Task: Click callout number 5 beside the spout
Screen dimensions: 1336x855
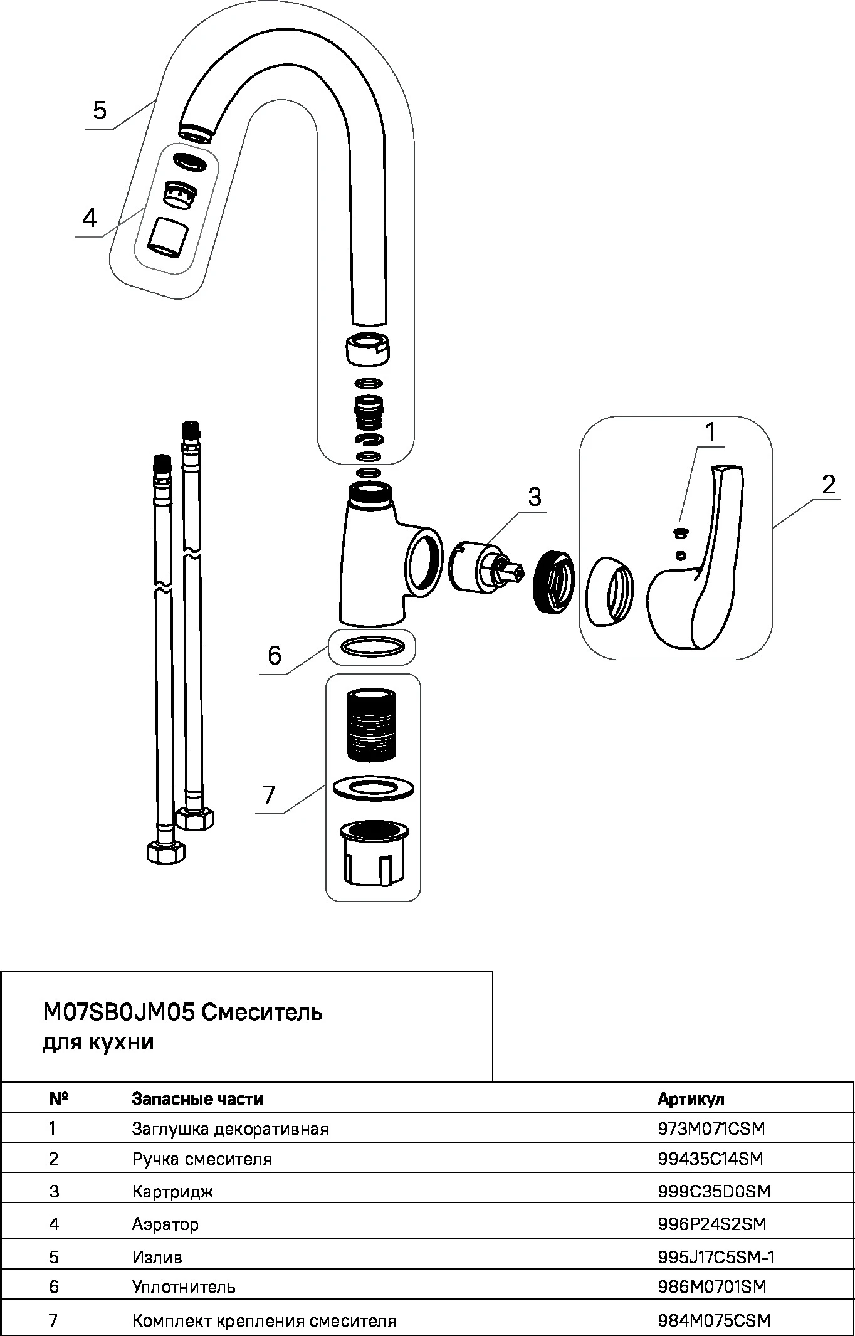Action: [100, 110]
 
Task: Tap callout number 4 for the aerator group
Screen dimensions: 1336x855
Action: [90, 218]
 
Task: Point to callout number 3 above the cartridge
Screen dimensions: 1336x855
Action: [534, 497]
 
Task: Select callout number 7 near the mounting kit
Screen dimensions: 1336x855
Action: [269, 795]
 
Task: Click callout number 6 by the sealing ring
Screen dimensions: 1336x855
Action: [275, 655]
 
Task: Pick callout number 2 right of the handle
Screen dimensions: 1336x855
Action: [829, 484]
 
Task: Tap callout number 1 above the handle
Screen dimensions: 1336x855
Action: [710, 432]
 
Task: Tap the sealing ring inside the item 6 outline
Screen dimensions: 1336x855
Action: [372, 646]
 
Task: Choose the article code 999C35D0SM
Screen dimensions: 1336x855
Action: [713, 1191]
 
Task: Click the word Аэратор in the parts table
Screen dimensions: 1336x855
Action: [165, 1224]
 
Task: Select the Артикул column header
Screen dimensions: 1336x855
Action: [691, 1099]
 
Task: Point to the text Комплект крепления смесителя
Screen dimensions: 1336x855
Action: [264, 1321]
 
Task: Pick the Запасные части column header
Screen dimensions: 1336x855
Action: [197, 1099]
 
